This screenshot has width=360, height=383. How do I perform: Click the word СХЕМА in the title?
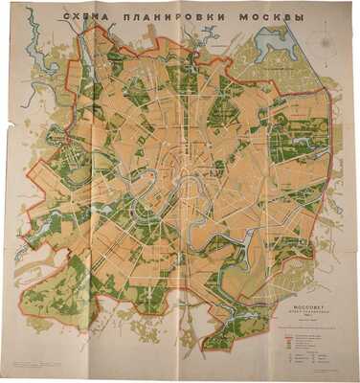click(84, 18)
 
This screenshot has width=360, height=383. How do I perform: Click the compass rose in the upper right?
click(328, 42)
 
